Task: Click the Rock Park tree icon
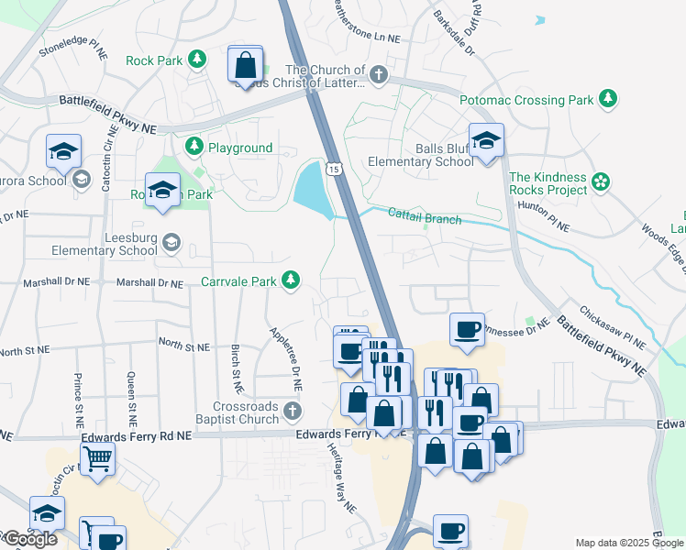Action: coord(196,60)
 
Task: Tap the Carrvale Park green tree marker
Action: coord(291,279)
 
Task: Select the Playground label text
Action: coord(239,148)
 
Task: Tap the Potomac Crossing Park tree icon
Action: coord(607,97)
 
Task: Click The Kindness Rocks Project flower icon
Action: coord(601,182)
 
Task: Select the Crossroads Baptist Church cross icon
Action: coord(292,410)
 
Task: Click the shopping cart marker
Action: coord(97,456)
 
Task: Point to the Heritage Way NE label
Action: coord(340,479)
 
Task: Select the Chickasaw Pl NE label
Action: coord(613,326)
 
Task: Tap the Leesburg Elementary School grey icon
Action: coord(171,243)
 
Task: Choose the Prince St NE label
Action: coord(77,394)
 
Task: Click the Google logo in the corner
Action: coord(29,539)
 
